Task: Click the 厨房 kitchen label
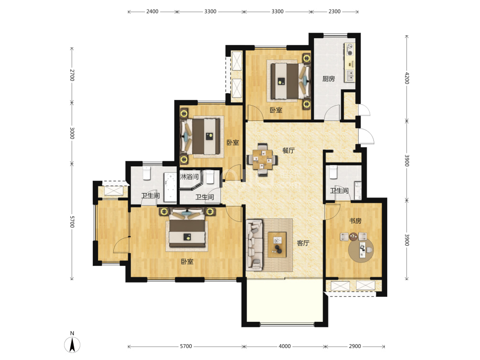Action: point(328,79)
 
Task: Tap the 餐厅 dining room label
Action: point(288,150)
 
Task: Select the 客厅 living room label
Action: point(303,243)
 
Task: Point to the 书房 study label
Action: point(355,221)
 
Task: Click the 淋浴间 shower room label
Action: point(189,176)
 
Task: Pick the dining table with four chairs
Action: point(262,160)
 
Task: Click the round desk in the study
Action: point(361,250)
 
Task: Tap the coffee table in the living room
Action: point(277,245)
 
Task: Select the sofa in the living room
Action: point(254,245)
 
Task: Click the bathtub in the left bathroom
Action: point(170,187)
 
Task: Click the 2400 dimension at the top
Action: point(152,11)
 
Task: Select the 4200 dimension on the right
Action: point(406,78)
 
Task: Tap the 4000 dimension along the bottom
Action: point(284,346)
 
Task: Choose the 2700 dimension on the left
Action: point(72,75)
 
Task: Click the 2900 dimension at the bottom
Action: point(355,346)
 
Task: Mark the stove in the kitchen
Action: point(349,50)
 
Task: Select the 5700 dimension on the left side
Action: point(72,222)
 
